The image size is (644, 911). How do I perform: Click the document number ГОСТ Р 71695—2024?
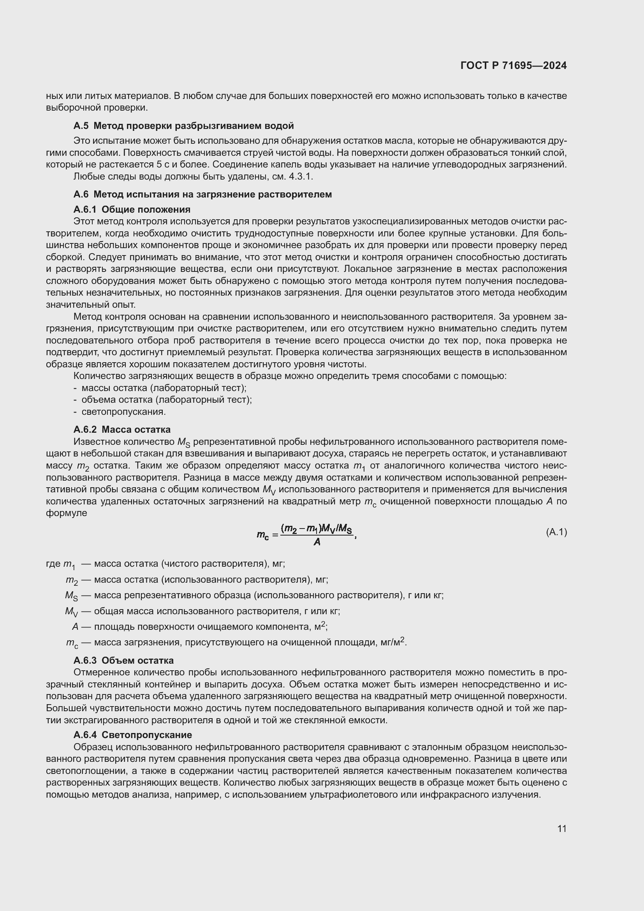(514, 66)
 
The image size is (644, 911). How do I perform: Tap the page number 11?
(561, 828)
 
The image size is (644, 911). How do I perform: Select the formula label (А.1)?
(556, 532)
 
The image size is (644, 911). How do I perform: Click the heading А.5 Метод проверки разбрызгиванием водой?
(184, 126)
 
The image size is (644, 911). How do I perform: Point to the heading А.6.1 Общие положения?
(132, 209)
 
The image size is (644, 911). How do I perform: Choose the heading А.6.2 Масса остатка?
(122, 429)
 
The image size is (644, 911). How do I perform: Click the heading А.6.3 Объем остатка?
(123, 660)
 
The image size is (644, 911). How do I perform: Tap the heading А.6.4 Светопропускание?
(132, 735)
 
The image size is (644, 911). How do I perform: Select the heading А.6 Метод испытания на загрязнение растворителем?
(202, 194)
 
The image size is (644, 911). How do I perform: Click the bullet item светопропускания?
(123, 411)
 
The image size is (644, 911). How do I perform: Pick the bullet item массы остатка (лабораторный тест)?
(164, 388)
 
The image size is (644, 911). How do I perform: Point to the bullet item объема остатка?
(166, 400)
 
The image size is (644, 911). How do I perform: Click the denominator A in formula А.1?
(317, 542)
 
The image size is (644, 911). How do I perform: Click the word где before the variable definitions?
(53, 564)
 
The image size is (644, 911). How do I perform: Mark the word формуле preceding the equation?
(66, 513)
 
